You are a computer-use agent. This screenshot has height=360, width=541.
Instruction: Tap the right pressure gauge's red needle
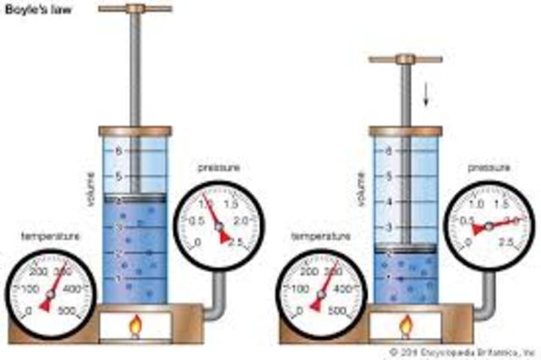(494, 225)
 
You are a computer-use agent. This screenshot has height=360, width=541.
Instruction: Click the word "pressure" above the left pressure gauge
(216, 168)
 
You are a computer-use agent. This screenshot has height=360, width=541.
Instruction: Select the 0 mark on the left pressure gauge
(198, 243)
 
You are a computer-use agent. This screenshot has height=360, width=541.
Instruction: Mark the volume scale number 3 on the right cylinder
(389, 228)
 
